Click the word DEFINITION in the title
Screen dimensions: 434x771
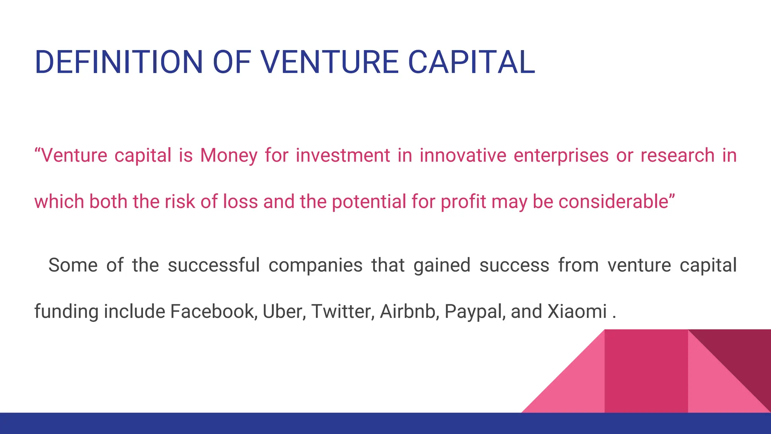119,62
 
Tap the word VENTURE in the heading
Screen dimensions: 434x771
329,62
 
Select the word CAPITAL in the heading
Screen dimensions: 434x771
471,62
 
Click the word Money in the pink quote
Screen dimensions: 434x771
228,156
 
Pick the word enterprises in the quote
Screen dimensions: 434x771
561,156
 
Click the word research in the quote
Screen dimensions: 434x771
677,156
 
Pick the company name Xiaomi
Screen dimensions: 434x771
577,312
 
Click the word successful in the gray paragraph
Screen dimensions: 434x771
213,265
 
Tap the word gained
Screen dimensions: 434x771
442,265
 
